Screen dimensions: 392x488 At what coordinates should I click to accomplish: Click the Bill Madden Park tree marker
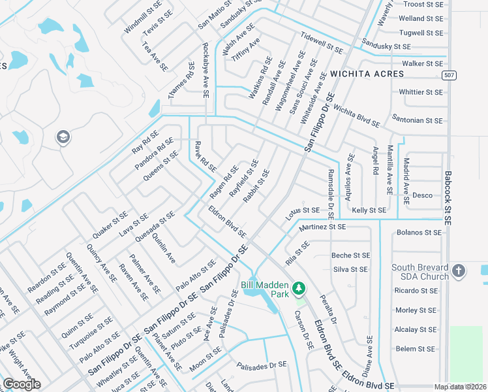click(x=299, y=287)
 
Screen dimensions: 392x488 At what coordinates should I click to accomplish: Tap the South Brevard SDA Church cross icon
click(x=458, y=271)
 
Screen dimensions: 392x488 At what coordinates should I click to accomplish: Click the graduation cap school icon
click(x=63, y=137)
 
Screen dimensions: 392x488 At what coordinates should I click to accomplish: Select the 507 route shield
click(x=448, y=76)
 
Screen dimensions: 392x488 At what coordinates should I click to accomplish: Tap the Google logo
click(x=22, y=384)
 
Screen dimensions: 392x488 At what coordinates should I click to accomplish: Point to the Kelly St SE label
click(x=369, y=210)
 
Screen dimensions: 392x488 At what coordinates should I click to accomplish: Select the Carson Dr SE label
click(x=304, y=321)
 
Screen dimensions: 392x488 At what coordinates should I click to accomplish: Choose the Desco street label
click(x=422, y=195)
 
